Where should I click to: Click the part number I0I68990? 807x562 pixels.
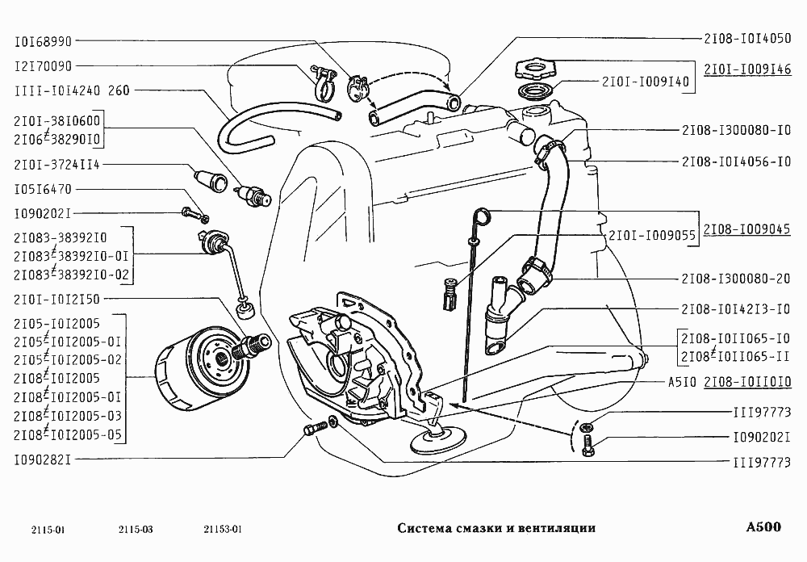44,40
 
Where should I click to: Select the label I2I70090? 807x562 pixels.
44,65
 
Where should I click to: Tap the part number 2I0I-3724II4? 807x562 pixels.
56,164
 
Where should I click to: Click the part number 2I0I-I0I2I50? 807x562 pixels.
56,300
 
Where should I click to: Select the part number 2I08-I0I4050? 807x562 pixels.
746,37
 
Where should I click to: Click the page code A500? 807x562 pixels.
763,527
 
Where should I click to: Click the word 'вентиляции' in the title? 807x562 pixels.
555,528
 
